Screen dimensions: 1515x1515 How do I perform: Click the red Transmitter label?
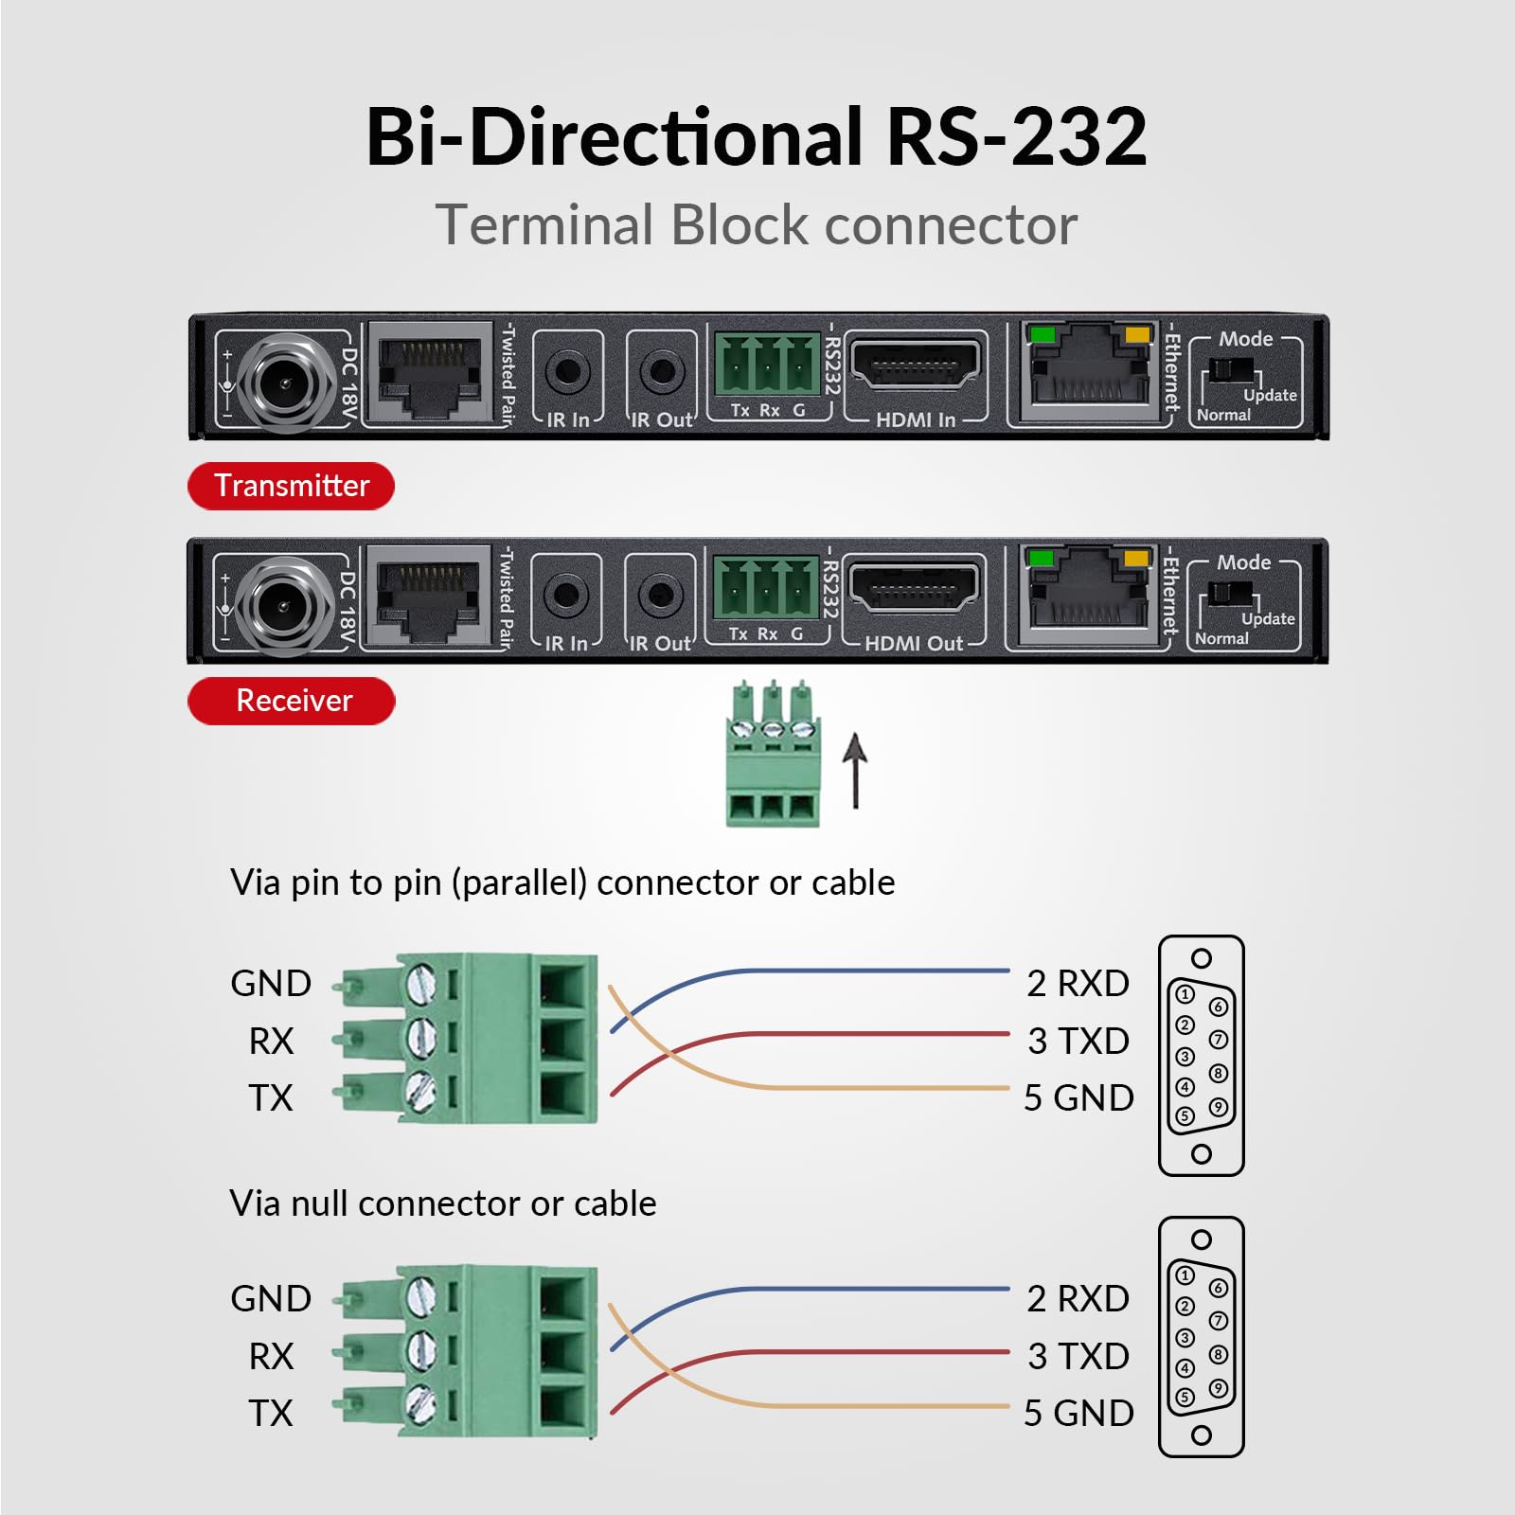coord(291,486)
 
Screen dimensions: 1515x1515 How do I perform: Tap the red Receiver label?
coord(292,701)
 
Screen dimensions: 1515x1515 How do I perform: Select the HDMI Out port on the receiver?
coord(913,590)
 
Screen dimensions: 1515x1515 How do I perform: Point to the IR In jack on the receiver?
coord(565,595)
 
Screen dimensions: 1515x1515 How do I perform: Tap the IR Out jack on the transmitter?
coord(662,371)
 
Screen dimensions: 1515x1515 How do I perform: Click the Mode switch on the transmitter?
coord(1231,370)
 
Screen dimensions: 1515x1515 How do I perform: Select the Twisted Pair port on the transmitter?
coord(429,371)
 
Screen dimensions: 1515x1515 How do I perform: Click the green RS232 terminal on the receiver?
coord(765,587)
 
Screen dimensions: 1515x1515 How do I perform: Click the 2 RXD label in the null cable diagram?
coord(1078,1298)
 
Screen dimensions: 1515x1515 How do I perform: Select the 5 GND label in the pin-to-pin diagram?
coord(1078,1097)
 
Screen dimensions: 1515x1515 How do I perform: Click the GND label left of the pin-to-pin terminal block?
coord(271,984)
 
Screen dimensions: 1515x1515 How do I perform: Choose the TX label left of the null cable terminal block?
coord(271,1413)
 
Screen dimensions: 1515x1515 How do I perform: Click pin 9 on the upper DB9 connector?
coord(1219,1106)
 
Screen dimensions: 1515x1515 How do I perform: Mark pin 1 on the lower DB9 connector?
coord(1185,1275)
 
